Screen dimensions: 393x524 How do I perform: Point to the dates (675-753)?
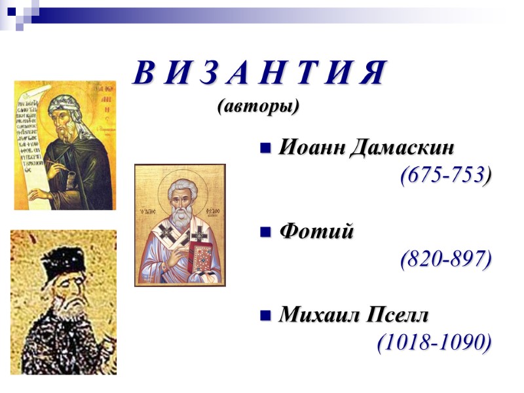(445, 174)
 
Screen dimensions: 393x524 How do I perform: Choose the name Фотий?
(316, 231)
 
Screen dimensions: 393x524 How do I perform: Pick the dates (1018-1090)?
(434, 342)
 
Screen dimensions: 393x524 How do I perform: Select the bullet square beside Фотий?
(265, 231)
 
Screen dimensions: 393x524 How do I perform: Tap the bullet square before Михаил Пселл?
(265, 315)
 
